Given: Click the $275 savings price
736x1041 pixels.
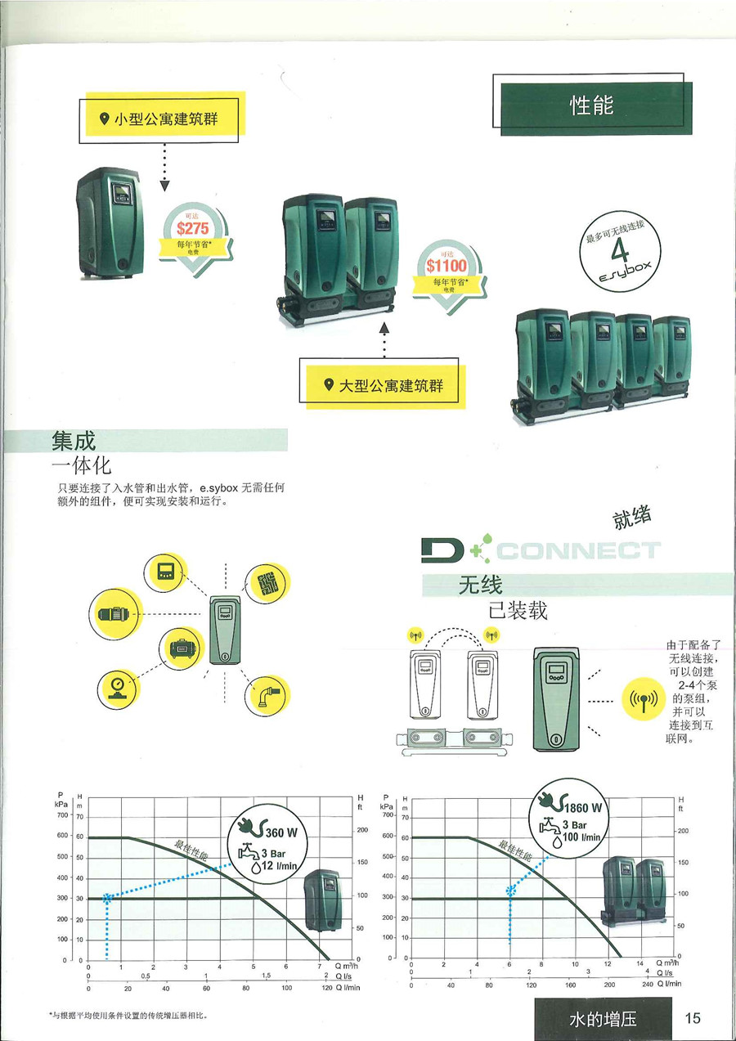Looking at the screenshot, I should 193,229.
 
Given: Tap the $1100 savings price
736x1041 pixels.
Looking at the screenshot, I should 447,266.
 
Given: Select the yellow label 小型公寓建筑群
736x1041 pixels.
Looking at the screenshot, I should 165,119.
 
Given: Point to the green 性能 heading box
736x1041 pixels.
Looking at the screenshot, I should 590,105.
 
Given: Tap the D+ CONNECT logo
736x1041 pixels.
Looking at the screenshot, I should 540,550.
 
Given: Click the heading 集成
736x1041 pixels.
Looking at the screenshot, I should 74,441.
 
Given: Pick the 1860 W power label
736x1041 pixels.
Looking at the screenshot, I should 586,808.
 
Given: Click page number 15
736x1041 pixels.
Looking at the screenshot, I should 693,1018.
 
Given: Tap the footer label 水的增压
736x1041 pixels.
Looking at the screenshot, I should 603,1019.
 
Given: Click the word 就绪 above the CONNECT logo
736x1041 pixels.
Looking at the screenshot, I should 631,519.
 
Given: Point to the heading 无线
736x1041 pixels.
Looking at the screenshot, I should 480,585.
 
